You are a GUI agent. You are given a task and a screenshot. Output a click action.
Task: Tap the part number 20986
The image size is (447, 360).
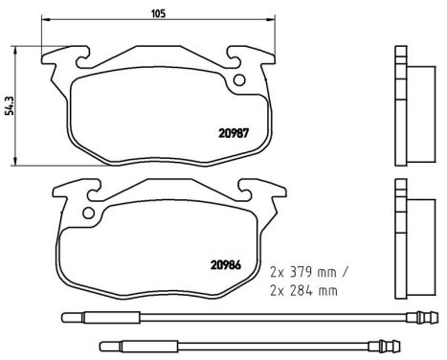click(x=225, y=265)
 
